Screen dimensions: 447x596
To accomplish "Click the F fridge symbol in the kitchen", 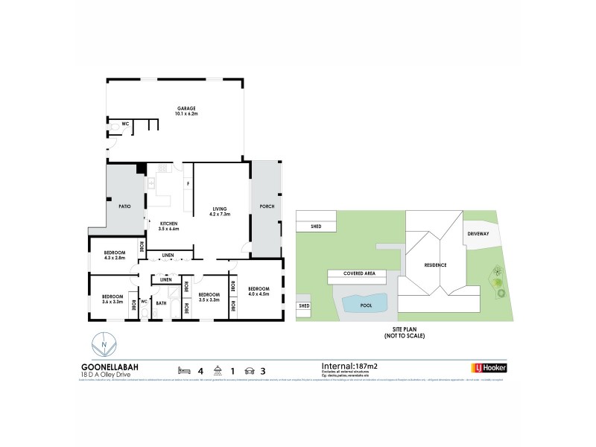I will click(188, 183).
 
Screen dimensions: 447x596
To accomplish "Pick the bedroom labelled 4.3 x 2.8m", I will click(114, 256).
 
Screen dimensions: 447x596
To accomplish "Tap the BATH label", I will click(161, 303).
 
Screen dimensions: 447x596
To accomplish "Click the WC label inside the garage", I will click(115, 124).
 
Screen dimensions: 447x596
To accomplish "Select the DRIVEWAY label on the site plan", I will click(479, 233).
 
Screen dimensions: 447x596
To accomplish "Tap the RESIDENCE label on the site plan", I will click(435, 264).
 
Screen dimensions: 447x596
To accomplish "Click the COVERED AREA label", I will click(364, 274).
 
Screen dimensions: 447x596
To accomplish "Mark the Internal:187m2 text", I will click(349, 366).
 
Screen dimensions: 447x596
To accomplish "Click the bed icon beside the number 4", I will click(183, 370).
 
